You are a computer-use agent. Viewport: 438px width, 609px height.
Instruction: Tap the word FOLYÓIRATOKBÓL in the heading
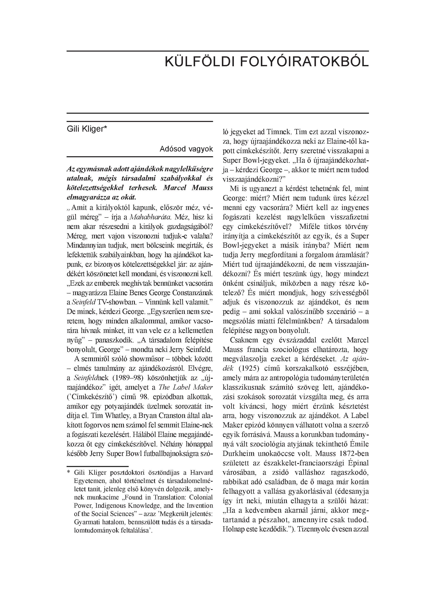coord(304,62)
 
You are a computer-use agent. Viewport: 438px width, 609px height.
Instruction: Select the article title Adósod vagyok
coord(186,149)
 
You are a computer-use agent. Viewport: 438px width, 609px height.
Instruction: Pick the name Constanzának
coord(191,292)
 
